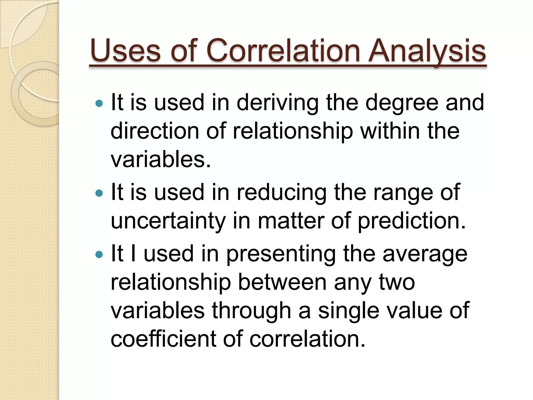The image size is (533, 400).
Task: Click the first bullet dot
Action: coord(99,104)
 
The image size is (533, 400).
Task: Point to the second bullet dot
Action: coord(99,193)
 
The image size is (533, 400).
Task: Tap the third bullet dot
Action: coord(99,254)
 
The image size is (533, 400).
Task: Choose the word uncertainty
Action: coord(168,221)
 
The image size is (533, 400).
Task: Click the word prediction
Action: coord(411,221)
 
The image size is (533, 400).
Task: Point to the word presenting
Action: coord(281,254)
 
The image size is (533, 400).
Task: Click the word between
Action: coord(282,283)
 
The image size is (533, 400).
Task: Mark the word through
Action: coord(251,311)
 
